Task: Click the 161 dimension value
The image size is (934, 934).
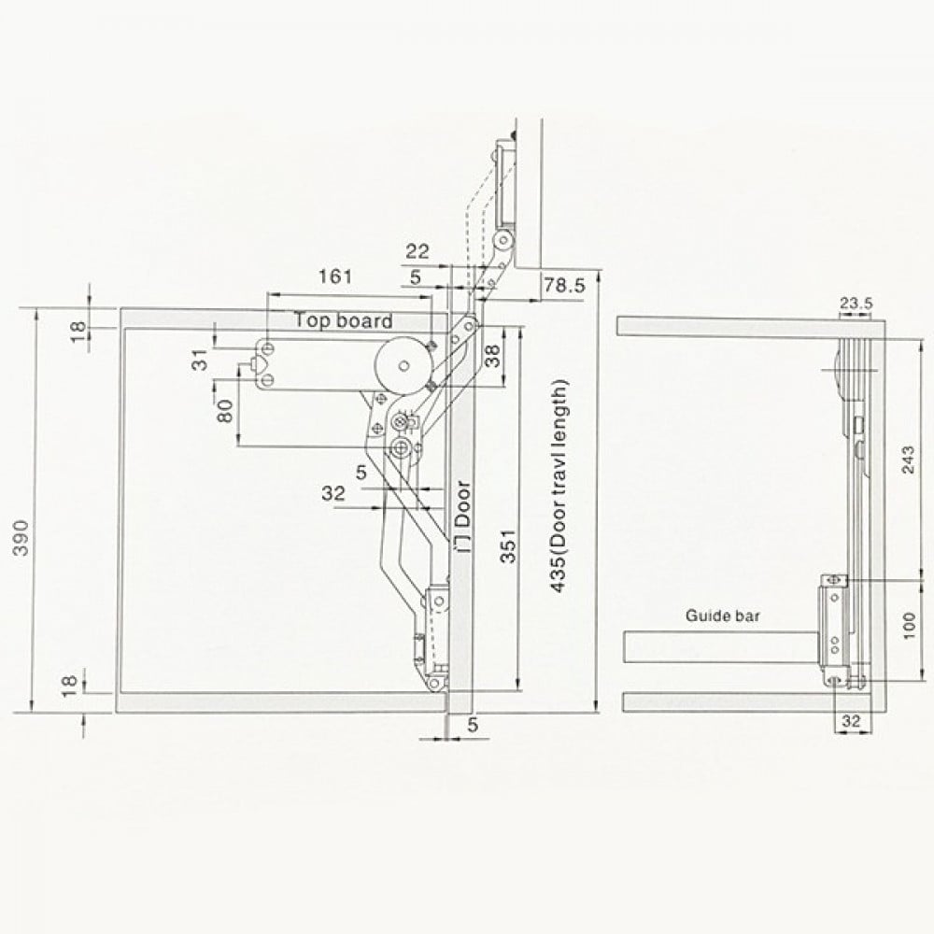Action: (335, 276)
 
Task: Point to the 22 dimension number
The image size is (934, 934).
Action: (417, 251)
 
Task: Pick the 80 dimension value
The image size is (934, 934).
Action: (225, 411)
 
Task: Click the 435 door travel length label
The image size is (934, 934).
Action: (558, 485)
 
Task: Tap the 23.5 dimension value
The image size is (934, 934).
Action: (855, 303)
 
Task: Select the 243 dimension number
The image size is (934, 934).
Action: (907, 458)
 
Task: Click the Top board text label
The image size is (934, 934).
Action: (344, 321)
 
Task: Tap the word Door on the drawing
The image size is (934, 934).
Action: (463, 503)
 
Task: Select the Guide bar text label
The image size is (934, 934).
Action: (723, 616)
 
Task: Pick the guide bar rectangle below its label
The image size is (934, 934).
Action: (719, 646)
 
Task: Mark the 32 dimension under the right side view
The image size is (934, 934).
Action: (851, 720)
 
